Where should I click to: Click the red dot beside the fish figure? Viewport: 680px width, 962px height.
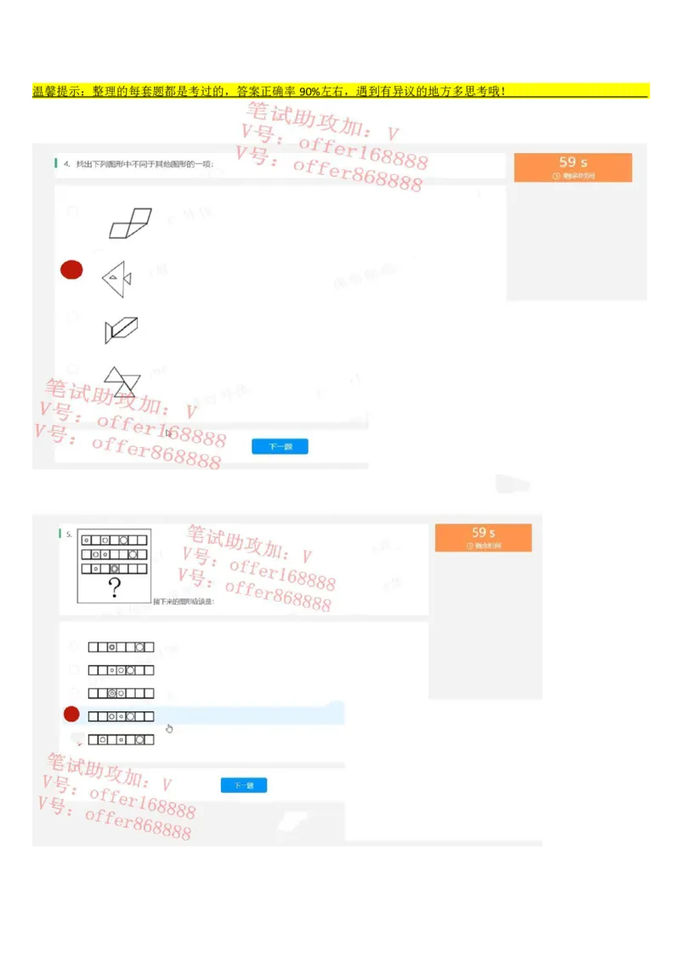point(71,270)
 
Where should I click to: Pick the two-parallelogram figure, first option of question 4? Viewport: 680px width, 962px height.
point(129,224)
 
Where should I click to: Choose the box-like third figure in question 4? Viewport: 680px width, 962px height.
point(121,329)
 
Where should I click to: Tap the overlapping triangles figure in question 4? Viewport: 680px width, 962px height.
point(122,382)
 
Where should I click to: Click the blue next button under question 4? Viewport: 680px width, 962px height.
point(280,446)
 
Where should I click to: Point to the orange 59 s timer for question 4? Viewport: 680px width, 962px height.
point(573,167)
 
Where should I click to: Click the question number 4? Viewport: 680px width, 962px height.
point(66,164)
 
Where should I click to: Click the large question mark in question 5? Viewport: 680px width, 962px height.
point(113,587)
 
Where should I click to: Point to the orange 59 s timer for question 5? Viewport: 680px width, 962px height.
point(483,537)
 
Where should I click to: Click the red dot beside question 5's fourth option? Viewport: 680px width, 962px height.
point(71,715)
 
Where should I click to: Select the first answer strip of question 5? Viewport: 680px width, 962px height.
point(121,648)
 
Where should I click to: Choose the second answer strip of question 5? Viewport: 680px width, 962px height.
point(121,671)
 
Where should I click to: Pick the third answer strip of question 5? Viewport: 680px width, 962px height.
point(121,693)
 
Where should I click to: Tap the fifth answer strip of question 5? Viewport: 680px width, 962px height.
point(121,740)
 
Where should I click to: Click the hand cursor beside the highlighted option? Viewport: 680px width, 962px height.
point(169,728)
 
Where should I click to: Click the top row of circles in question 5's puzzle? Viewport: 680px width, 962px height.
point(113,540)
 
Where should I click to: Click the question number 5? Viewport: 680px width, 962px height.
point(69,535)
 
